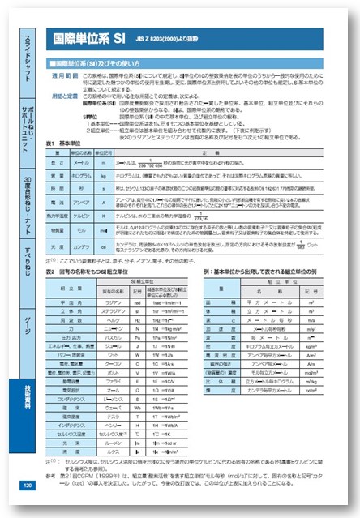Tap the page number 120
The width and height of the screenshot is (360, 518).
(x=27, y=486)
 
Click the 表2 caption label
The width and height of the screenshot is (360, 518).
(x=51, y=271)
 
